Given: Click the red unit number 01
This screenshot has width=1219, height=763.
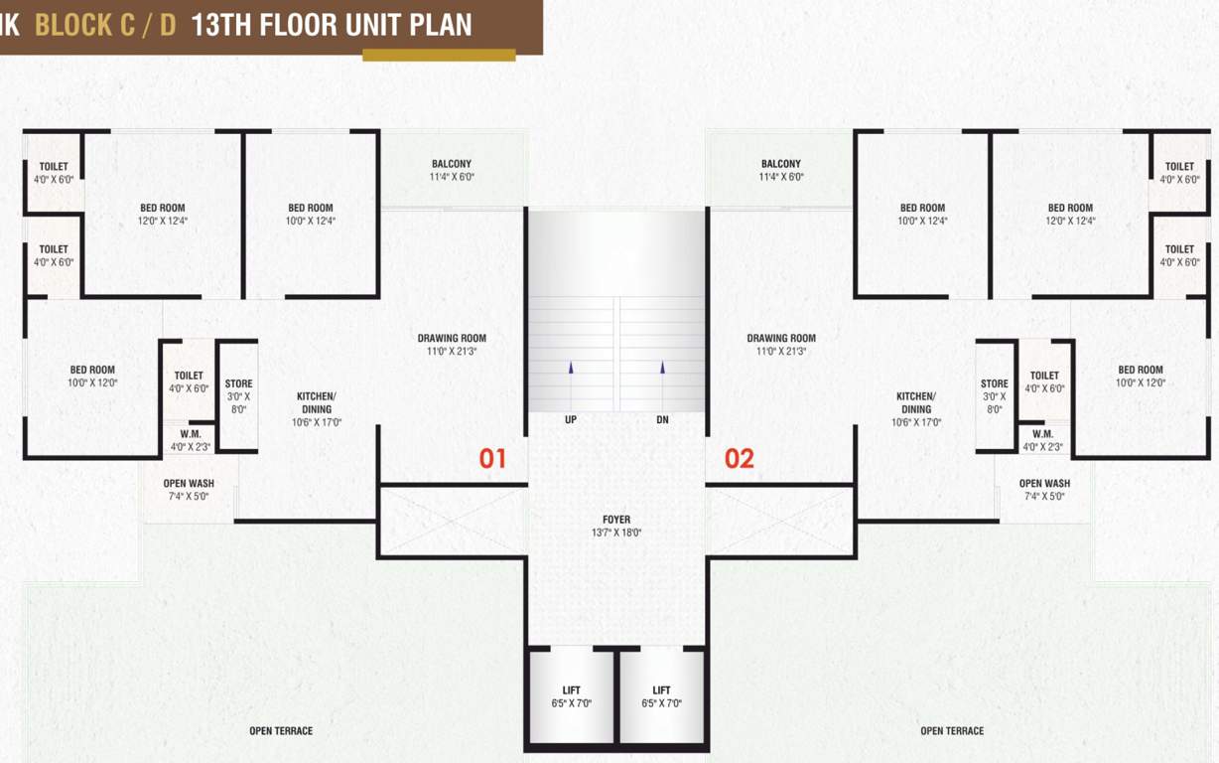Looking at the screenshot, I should click(493, 458).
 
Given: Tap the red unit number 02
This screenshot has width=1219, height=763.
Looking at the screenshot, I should click(739, 458).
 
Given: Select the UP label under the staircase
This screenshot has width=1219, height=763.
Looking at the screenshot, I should click(571, 420).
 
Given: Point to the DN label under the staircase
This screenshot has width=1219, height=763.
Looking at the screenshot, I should click(662, 420).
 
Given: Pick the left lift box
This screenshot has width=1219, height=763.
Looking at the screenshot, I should click(571, 695).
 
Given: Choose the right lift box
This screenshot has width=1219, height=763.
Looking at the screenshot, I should click(661, 695).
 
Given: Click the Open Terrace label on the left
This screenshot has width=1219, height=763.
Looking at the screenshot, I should click(281, 731).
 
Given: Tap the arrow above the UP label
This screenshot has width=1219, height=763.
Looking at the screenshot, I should click(571, 368).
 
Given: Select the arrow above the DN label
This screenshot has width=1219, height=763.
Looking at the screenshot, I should click(662, 368).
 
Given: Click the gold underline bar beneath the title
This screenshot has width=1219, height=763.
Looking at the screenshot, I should click(439, 56).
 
